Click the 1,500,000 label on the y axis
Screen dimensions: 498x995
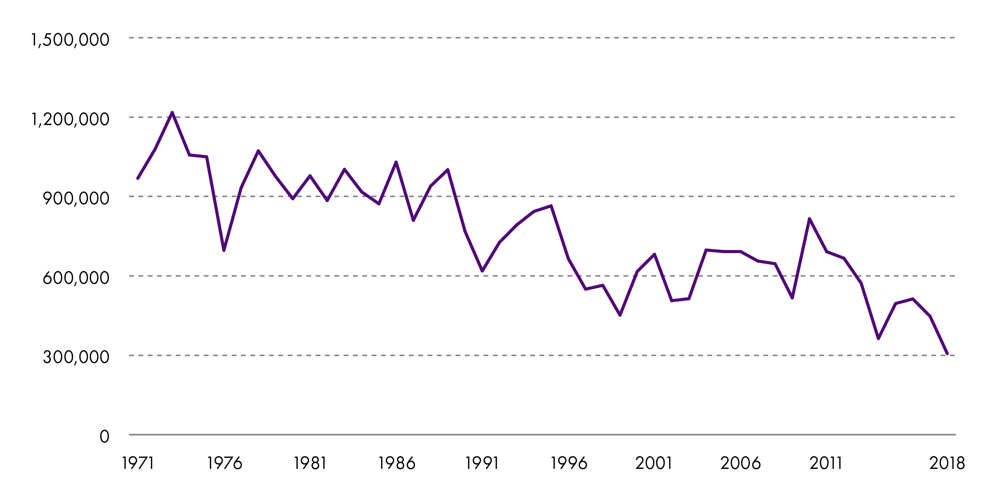click(x=70, y=40)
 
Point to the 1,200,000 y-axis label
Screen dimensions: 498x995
click(x=70, y=119)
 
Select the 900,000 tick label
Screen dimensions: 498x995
click(x=76, y=198)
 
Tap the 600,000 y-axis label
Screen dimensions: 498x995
click(x=76, y=278)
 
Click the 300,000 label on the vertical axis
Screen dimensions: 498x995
click(x=76, y=357)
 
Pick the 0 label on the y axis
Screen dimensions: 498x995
click(x=104, y=436)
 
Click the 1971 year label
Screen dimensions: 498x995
click(x=138, y=463)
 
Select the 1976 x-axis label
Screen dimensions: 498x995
click(x=225, y=463)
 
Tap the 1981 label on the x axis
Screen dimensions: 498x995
click(x=310, y=463)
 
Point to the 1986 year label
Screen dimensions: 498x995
click(x=396, y=463)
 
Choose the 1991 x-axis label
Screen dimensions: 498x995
click(x=482, y=463)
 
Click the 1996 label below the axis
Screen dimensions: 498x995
click(x=569, y=463)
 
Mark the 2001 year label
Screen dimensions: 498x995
click(x=654, y=463)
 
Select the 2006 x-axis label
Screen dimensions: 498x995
click(x=741, y=463)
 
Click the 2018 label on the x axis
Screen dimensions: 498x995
click(x=947, y=463)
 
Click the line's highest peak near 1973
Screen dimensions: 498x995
click(x=172, y=112)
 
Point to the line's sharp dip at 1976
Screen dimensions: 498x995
click(x=224, y=250)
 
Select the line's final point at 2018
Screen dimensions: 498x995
click(x=947, y=354)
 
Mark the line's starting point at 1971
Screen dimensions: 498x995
click(x=138, y=178)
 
